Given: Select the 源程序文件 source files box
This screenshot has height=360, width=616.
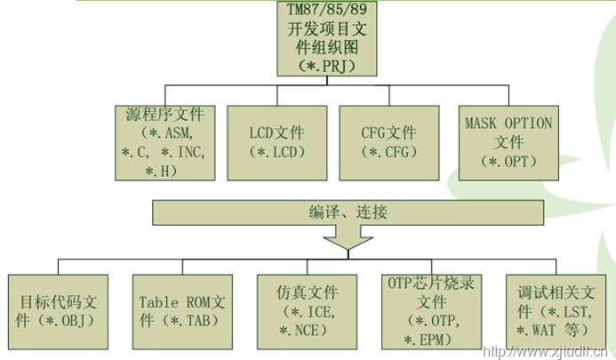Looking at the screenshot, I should [166, 142].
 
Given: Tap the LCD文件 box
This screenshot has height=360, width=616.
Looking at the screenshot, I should [276, 142].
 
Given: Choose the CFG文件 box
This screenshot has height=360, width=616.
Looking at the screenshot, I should [388, 142].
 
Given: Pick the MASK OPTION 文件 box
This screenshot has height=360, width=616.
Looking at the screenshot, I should [508, 142].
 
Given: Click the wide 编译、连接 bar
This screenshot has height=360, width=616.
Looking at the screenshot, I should [348, 212].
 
